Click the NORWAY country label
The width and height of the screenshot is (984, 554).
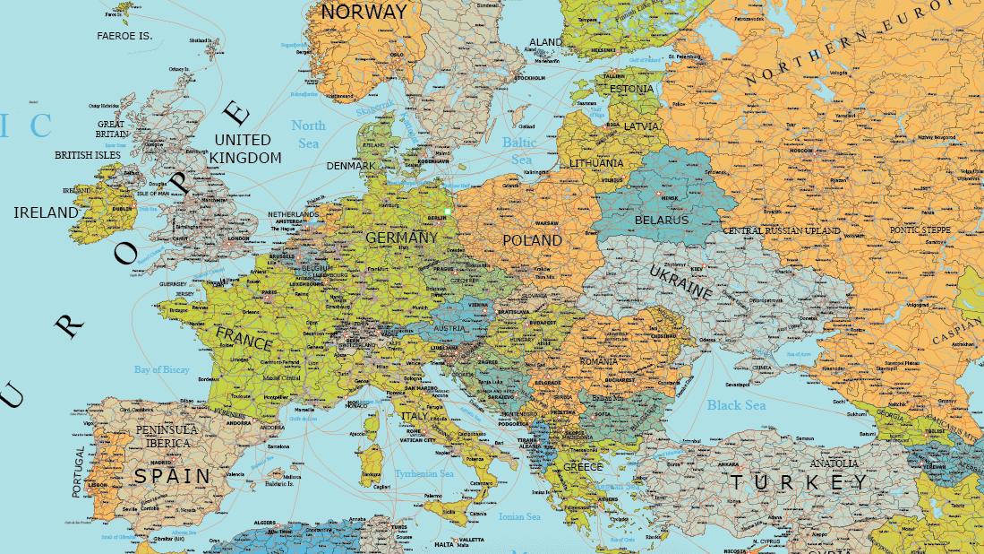coord(364,13)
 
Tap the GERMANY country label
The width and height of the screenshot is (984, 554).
coord(402,238)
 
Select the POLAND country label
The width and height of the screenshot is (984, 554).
coord(532,241)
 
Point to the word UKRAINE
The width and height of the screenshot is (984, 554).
coord(680,281)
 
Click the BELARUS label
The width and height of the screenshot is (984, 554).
coord(662,220)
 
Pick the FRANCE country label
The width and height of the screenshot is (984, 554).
coord(244,338)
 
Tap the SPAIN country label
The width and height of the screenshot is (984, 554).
coord(172,476)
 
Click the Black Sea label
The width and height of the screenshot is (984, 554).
coord(736,405)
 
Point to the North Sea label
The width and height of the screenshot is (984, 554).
coord(308,134)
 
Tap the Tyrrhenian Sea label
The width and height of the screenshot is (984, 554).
coord(424,473)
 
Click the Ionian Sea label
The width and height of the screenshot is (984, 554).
coord(520,517)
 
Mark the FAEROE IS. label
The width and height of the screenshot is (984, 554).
coord(124,36)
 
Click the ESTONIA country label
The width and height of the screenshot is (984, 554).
coord(632,90)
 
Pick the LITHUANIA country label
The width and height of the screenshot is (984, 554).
coord(596,163)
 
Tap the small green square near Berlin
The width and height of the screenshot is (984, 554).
coord(447,211)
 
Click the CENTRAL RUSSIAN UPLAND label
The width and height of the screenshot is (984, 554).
coord(782,231)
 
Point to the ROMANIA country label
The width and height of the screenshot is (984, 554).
coord(598,360)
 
